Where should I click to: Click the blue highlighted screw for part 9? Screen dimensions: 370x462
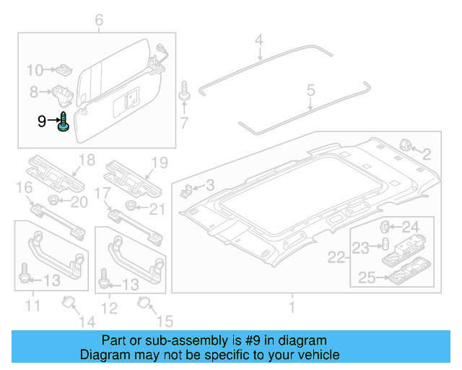pyautogui.click(x=63, y=122)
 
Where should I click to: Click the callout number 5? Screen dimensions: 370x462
pyautogui.click(x=310, y=90)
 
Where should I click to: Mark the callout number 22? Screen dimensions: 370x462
pyautogui.click(x=336, y=258)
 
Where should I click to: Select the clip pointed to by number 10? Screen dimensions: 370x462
pyautogui.click(x=65, y=70)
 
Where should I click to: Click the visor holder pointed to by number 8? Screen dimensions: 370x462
pyautogui.click(x=61, y=92)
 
